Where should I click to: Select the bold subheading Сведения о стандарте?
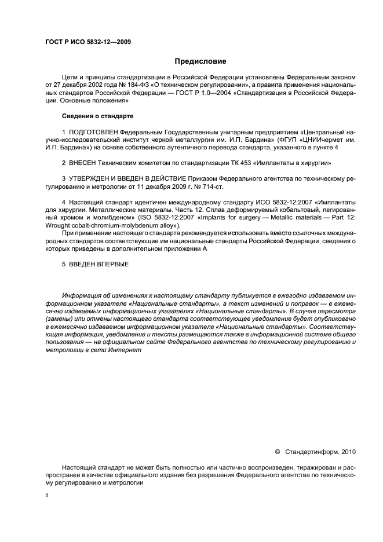[x=92, y=116]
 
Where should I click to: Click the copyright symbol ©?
[x=277, y=450]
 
